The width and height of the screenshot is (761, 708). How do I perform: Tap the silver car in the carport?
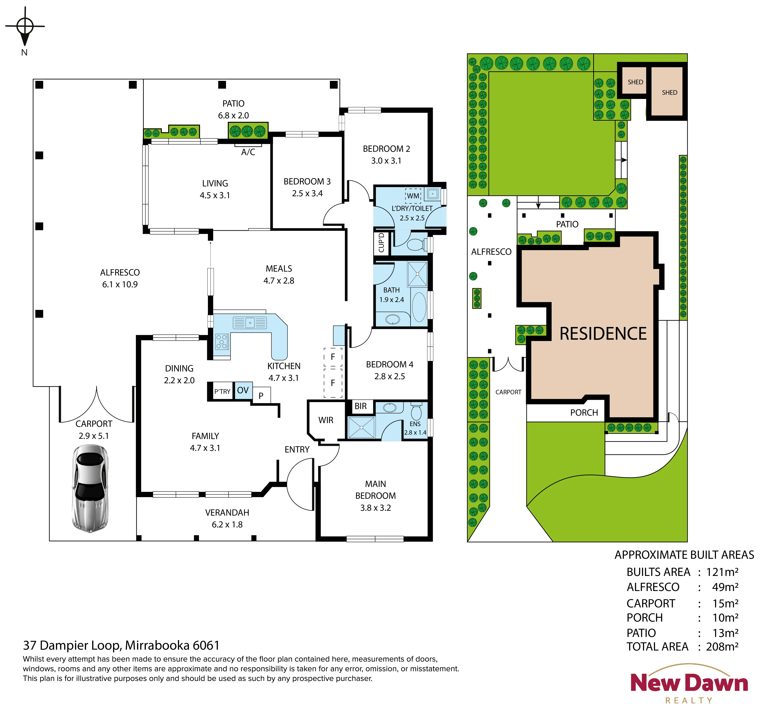tap(90, 488)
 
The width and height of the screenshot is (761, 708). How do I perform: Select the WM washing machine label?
tap(413, 196)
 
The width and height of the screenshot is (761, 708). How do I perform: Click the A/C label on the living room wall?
tap(248, 152)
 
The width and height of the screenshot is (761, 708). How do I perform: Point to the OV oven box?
tap(243, 391)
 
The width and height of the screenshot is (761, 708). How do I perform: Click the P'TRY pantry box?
tap(222, 392)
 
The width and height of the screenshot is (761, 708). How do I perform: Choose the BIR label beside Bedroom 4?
tap(361, 406)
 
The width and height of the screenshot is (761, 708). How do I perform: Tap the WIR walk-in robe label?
tap(326, 420)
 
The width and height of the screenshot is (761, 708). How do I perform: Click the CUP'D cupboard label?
tap(381, 243)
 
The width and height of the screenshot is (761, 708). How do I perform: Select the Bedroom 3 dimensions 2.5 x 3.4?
tap(307, 193)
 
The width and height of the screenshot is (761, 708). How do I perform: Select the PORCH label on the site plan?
tap(584, 413)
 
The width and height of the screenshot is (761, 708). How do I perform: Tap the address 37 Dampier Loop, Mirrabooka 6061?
tap(121, 646)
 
